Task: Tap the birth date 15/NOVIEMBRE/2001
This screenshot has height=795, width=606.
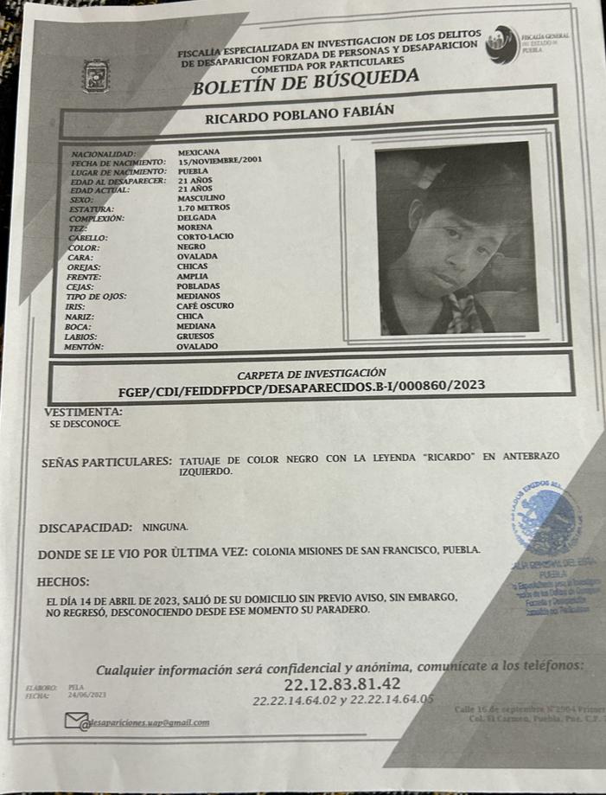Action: [x=220, y=161]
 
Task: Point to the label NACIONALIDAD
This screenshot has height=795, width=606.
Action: [x=104, y=153]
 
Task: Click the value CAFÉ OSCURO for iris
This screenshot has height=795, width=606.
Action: [x=205, y=305]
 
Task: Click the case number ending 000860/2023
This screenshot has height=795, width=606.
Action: [x=300, y=386]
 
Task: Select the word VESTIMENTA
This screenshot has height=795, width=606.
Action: [x=83, y=412]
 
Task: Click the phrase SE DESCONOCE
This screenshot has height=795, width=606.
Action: [x=85, y=425]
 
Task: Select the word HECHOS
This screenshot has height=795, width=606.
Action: [x=63, y=581]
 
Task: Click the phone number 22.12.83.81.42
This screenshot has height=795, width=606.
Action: [x=330, y=685]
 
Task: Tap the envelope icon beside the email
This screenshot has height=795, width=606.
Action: [x=76, y=721]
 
